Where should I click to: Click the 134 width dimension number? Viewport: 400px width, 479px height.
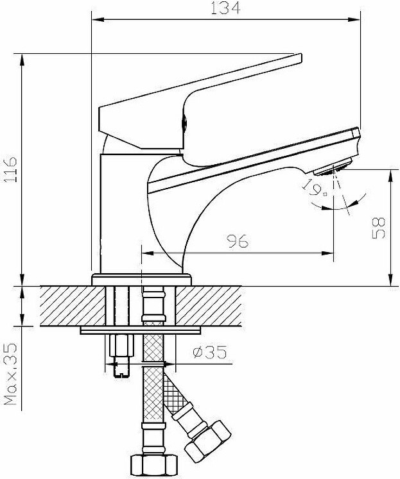tap(226, 8)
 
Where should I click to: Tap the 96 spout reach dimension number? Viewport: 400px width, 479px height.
tap(238, 241)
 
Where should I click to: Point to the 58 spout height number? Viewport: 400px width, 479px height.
tap(379, 228)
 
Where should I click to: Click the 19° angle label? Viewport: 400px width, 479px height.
tap(315, 187)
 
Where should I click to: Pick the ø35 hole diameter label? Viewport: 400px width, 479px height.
tap(210, 352)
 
